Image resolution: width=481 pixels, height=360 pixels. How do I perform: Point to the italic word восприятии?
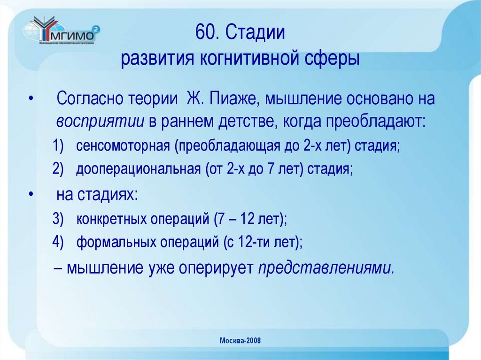click(x=100, y=121)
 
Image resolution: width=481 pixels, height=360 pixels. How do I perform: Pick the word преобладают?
click(x=380, y=121)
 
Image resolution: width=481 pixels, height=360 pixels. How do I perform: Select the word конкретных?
click(x=109, y=219)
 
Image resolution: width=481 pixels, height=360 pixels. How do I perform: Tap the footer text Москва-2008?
click(x=240, y=340)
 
